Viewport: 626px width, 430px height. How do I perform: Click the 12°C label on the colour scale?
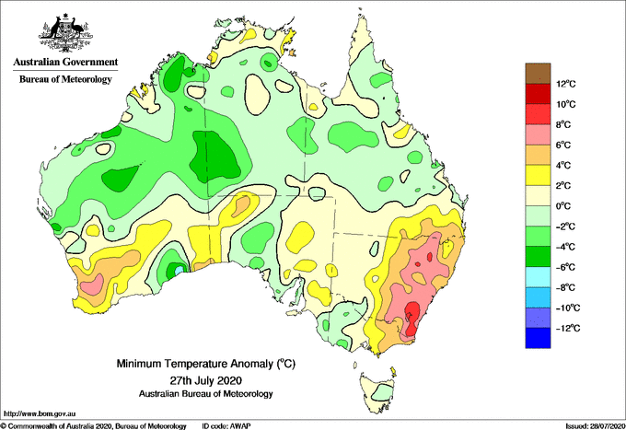point(566,84)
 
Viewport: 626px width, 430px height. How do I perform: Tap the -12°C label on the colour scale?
point(567,328)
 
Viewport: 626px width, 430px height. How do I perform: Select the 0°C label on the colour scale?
point(564,206)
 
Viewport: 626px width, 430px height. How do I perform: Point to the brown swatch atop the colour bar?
point(538,74)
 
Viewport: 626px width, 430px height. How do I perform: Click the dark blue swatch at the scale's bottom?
point(538,338)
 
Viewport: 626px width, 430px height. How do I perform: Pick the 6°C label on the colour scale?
point(564,145)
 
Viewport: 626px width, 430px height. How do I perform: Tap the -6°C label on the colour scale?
point(565,267)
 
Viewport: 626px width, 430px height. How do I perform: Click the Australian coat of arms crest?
point(65,33)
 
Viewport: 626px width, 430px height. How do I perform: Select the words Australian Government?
point(65,62)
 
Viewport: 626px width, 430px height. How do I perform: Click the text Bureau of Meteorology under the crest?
point(65,79)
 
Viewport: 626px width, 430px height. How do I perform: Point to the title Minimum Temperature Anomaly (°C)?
point(205,364)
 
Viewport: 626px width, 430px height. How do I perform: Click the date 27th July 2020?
point(206,379)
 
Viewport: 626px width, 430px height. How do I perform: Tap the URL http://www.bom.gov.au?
point(40,413)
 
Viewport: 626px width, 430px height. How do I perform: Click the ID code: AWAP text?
point(226,426)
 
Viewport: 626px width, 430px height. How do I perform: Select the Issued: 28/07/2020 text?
point(595,426)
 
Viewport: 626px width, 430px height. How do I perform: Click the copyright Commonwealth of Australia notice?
point(94,426)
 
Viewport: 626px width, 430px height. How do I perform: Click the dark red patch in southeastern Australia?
point(412,319)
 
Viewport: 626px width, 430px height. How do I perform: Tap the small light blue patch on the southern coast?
point(180,271)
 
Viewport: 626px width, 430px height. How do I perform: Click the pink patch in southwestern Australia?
point(92,285)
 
